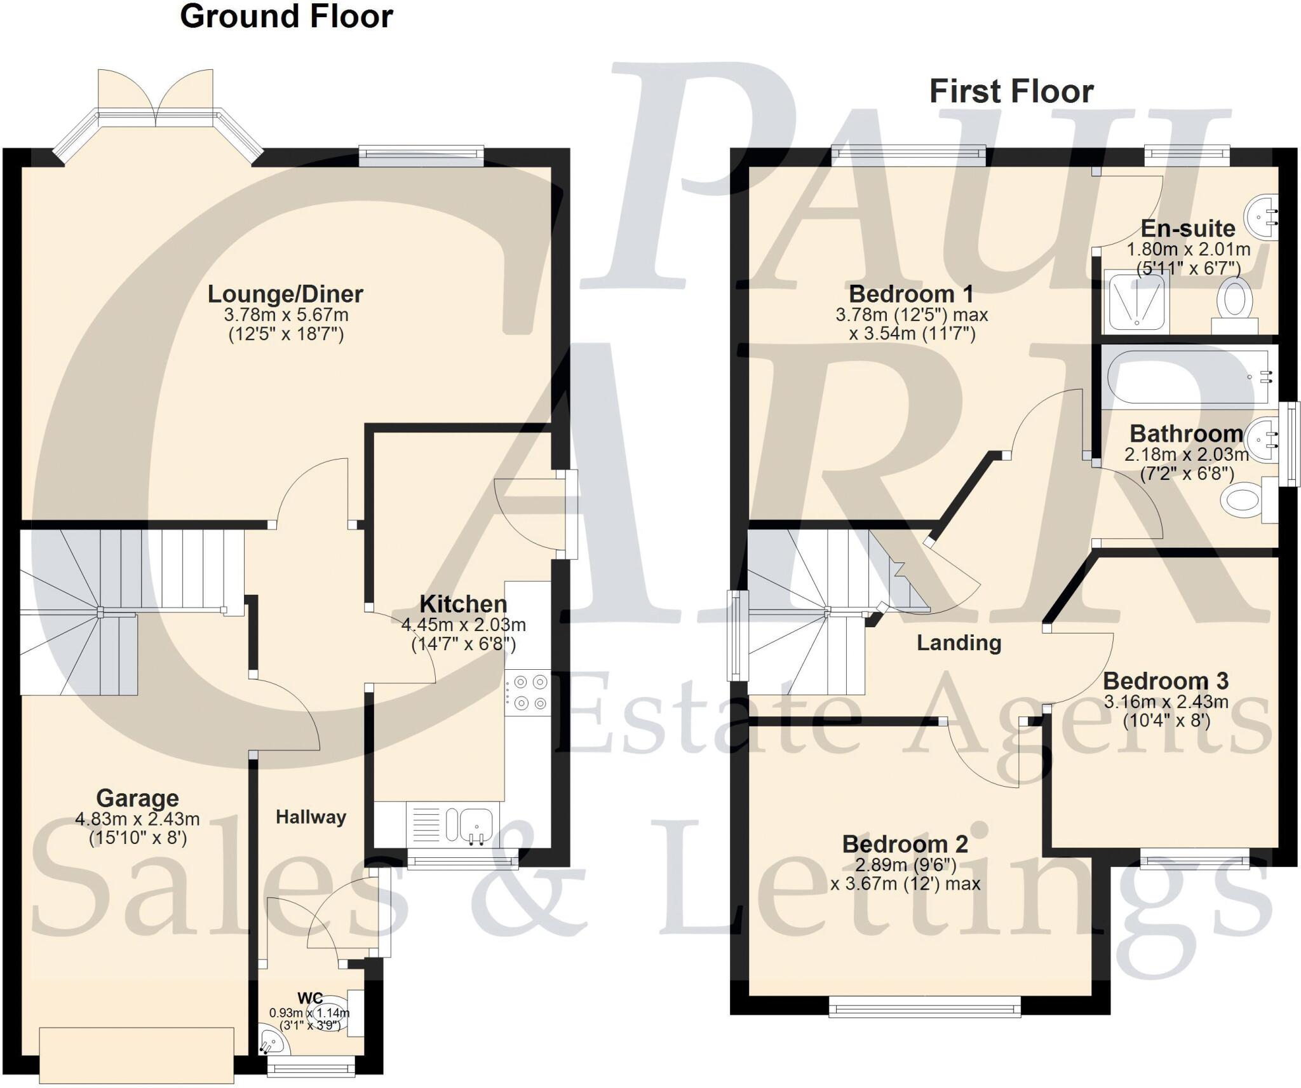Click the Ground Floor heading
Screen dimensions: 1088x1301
[x=286, y=17]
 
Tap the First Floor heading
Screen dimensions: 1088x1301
[x=1011, y=92]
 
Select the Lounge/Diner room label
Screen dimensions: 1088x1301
[x=285, y=294]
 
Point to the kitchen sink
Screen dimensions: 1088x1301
[x=475, y=824]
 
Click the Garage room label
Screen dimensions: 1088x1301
[x=137, y=798]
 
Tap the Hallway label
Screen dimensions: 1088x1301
[x=311, y=817]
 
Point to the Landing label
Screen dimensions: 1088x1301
[x=959, y=643]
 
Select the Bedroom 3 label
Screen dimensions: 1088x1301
[x=1166, y=681]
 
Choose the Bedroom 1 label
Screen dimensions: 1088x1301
[x=911, y=294]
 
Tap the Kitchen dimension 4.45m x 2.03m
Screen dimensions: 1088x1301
[x=463, y=625]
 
